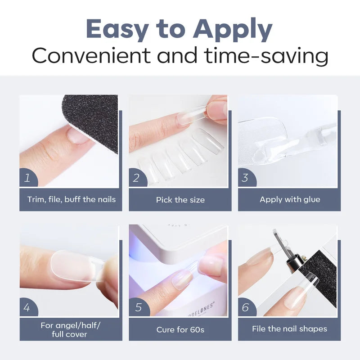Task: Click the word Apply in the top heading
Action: (x=233, y=29)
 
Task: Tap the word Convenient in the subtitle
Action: (x=91, y=55)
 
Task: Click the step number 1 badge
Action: (x=28, y=178)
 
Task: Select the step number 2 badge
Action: (x=137, y=178)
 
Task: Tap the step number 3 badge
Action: (x=246, y=178)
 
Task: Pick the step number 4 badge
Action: (x=28, y=307)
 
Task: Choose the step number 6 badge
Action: (x=247, y=307)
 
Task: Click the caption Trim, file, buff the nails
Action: (x=72, y=199)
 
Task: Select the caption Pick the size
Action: (x=180, y=200)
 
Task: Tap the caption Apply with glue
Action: (x=290, y=199)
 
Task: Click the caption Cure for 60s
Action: (x=180, y=329)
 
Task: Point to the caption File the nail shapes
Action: (x=289, y=329)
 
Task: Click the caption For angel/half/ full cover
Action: (x=70, y=330)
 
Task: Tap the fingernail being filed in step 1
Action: (x=78, y=135)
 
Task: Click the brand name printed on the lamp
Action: (x=201, y=310)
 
